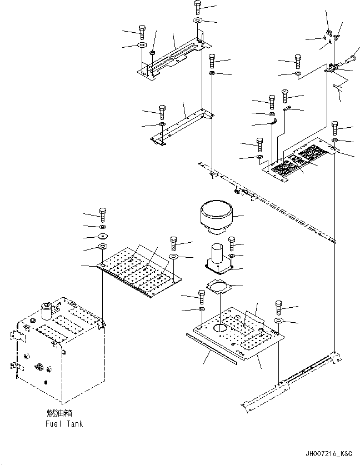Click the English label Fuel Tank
pos(64,423)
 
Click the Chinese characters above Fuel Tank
pos(59,413)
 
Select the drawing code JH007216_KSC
pos(329,454)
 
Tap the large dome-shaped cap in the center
pos(216,218)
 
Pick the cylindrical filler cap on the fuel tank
pos(46,311)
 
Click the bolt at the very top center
pos(198,7)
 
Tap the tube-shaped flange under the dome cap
pos(219,258)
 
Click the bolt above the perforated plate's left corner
pos(103,215)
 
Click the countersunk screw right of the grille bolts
pos(285,96)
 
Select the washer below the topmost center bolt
pos(197,21)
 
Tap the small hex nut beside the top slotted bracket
pos(152,52)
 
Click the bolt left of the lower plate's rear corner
pos(202,297)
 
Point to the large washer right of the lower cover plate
pos(279,321)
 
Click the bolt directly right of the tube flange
pos(232,244)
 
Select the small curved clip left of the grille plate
pos(274,121)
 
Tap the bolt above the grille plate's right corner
pos(335,128)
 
